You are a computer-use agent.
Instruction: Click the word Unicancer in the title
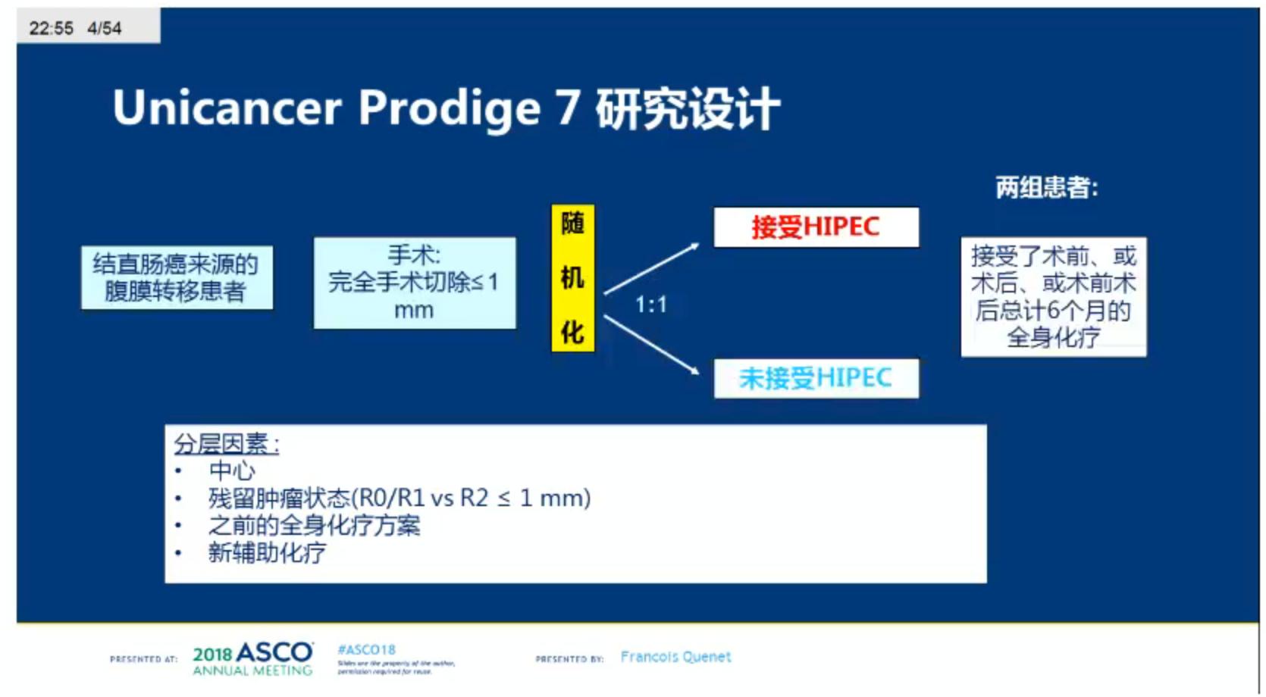pos(227,108)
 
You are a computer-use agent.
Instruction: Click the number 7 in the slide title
pos(569,108)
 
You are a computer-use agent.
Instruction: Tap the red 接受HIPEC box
pos(816,227)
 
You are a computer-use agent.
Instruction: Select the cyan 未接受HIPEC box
pos(816,378)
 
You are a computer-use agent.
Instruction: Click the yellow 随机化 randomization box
pos(572,278)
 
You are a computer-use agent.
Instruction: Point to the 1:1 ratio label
pos(650,305)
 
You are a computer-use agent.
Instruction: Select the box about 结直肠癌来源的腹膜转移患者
pos(177,277)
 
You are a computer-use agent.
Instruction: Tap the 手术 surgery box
pos(415,283)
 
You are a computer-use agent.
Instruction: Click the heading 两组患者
pos(1046,187)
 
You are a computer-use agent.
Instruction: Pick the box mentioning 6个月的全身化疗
pos(1053,296)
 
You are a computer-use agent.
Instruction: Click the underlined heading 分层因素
pos(226,444)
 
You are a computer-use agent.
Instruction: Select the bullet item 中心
pos(232,470)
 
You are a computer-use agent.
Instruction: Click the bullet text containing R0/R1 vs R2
pos(399,498)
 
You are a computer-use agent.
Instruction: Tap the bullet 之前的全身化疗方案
pos(314,525)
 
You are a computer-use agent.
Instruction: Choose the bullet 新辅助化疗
pos(267,552)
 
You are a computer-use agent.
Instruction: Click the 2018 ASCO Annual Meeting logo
pos(252,658)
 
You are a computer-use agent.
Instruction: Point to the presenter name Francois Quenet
pos(675,657)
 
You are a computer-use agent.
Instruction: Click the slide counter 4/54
pos(104,28)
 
